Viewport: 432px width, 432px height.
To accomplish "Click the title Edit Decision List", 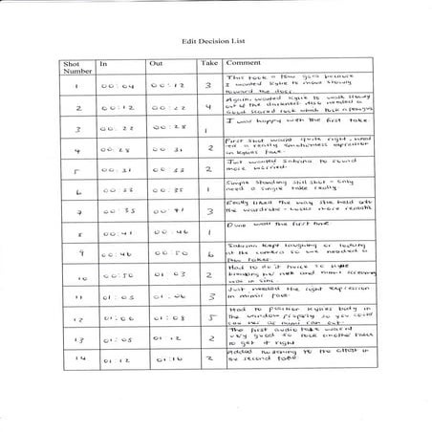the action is [x=214, y=43].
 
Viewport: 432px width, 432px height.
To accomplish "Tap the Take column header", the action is [x=210, y=62].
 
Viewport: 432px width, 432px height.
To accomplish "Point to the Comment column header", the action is [x=243, y=62].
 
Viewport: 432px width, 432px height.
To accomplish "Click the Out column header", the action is [x=157, y=62].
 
